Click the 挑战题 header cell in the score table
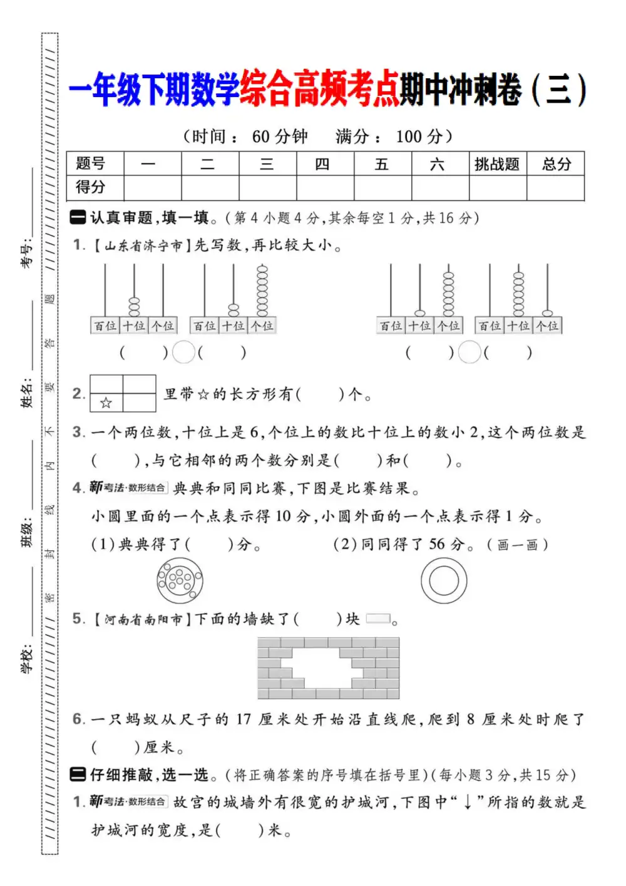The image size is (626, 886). point(497,164)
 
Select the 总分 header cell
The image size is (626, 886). point(556,164)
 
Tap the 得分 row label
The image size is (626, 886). point(91,187)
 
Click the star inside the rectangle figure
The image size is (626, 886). point(106,403)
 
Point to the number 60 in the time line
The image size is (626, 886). point(261,137)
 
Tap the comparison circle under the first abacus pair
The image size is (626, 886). point(183,353)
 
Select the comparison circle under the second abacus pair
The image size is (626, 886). point(469,353)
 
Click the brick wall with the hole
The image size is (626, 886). point(328,668)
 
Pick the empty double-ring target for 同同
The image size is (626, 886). point(443,580)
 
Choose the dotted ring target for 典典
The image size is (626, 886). point(180,580)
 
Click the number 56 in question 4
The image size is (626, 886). point(438,544)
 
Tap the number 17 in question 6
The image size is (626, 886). point(243,719)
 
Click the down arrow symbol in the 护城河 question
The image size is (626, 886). point(468,803)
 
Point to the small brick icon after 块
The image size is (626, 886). point(378,619)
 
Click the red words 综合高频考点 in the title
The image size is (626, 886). point(320,89)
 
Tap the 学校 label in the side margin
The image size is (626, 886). point(27,658)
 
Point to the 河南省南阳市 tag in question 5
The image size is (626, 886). point(143,620)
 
